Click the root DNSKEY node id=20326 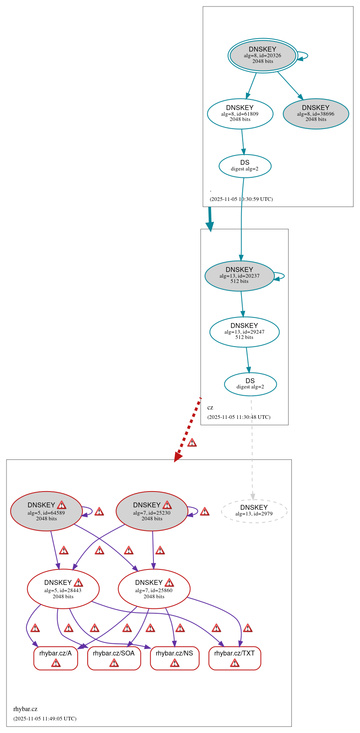pyautogui.click(x=263, y=56)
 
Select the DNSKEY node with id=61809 pyautogui.click(x=240, y=114)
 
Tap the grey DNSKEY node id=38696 pyautogui.click(x=316, y=114)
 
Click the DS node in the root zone pyautogui.click(x=245, y=166)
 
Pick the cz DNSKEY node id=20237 pyautogui.click(x=239, y=276)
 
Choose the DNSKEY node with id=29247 pyautogui.click(x=244, y=332)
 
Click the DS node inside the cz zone pyautogui.click(x=250, y=384)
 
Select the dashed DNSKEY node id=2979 pyautogui.click(x=254, y=511)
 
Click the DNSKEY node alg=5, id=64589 pyautogui.click(x=46, y=511)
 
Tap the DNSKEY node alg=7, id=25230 pyautogui.click(x=152, y=511)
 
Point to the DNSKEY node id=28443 pyautogui.click(x=63, y=589)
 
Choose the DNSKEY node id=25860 pyautogui.click(x=154, y=589)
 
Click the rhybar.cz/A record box pyautogui.click(x=56, y=658)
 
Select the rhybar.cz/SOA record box pyautogui.click(x=114, y=658)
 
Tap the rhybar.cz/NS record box pyautogui.click(x=175, y=658)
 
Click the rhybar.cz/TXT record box pyautogui.click(x=235, y=658)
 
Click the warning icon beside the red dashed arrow pyautogui.click(x=192, y=442)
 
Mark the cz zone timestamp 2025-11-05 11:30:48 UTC pyautogui.click(x=239, y=417)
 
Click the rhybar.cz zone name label pyautogui.click(x=25, y=709)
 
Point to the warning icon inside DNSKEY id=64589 pyautogui.click(x=61, y=505)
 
